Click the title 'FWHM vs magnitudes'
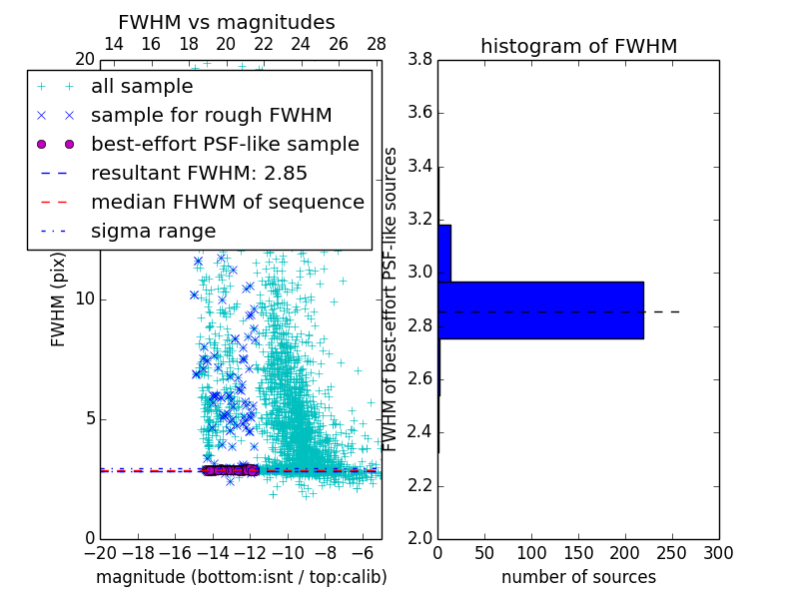(226, 22)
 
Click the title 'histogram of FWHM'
(578, 46)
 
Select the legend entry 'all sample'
(142, 87)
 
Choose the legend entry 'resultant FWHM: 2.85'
(199, 174)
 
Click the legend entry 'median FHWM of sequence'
(227, 203)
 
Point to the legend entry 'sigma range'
(153, 232)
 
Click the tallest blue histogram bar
(540, 310)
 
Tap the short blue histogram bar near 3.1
(444, 254)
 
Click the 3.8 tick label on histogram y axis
(419, 59)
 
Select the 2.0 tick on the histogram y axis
(419, 538)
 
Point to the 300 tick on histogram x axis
(718, 553)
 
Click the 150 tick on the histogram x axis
(578, 553)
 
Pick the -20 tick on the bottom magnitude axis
(100, 553)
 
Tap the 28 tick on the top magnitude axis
(377, 44)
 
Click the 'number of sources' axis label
(578, 577)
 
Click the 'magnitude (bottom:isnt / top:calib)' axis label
(241, 577)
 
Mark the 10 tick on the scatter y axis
(85, 299)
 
